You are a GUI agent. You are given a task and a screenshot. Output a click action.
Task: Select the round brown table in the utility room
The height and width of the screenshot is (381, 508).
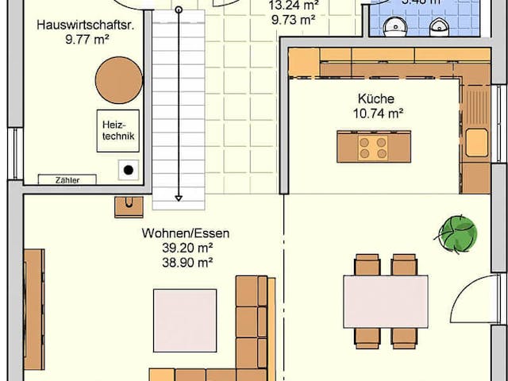[118, 79]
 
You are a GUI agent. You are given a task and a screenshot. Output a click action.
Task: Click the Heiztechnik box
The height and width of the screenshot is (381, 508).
[117, 130]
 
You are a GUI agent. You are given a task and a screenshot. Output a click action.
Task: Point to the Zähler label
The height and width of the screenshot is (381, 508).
[67, 180]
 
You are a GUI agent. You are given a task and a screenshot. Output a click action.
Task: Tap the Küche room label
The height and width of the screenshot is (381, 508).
[375, 100]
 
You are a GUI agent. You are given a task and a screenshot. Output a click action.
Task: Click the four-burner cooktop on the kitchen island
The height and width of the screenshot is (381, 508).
[372, 147]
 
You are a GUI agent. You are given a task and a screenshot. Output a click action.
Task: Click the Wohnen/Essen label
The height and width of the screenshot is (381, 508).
[186, 233]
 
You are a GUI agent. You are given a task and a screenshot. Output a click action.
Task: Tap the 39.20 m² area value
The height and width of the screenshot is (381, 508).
[186, 248]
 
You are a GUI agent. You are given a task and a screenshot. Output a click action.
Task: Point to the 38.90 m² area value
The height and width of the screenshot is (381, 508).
[186, 261]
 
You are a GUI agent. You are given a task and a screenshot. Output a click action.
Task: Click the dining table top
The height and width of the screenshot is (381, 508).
[385, 301]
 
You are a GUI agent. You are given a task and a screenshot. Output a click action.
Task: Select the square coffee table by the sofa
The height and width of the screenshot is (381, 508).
[185, 320]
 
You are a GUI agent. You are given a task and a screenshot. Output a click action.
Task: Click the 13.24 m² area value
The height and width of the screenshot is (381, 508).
[288, 4]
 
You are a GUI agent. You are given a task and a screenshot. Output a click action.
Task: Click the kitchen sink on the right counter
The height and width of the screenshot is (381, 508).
[477, 143]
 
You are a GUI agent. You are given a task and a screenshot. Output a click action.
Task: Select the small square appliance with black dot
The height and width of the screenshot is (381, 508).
[128, 169]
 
